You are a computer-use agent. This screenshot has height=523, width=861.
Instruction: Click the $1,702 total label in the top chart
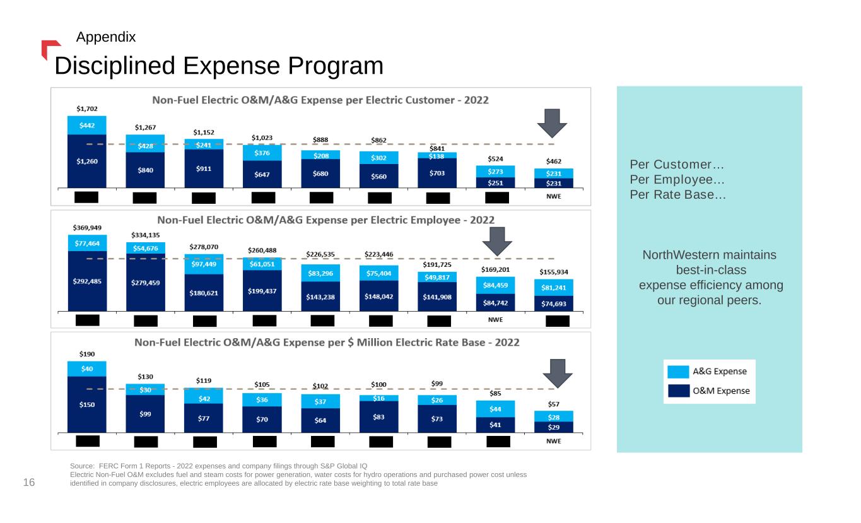coord(87,109)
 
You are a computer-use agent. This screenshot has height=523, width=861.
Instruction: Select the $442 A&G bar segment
coord(87,126)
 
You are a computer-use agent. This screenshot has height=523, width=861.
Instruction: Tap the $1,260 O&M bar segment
coord(87,161)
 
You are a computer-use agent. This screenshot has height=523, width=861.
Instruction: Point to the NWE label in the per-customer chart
coord(553,196)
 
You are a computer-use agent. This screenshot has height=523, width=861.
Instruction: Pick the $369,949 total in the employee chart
coord(87,227)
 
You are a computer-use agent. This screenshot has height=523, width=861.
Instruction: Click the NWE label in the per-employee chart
coord(495,319)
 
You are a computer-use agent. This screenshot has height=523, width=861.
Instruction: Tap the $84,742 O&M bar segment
coord(495,303)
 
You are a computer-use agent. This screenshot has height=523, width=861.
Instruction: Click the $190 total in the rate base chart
coord(87,354)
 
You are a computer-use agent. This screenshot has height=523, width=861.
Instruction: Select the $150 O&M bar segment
coord(87,404)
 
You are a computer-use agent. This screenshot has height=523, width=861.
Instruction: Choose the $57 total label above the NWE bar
coord(553,404)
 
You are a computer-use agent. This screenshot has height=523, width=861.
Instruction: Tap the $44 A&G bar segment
coord(495,409)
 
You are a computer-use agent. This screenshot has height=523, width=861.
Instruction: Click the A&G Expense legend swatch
coord(678,372)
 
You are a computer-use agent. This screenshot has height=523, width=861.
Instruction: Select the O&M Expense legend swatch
coord(678,391)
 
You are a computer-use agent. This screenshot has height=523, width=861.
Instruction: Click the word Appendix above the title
coord(106,37)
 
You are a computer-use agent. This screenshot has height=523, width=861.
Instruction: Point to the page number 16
coord(29,483)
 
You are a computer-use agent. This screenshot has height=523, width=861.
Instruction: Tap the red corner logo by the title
coord(49,48)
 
